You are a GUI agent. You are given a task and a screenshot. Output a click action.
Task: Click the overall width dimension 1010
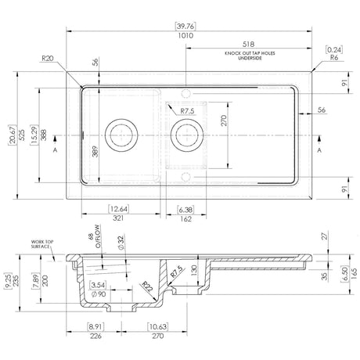pos(185,36)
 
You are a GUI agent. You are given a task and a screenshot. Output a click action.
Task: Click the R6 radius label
pos(335,57)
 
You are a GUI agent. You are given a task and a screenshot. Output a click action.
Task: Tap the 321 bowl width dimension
pos(120,219)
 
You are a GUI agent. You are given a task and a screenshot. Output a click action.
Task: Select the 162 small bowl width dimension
pos(185,219)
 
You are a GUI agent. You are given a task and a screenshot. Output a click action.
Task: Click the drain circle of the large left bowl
pos(121,135)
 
